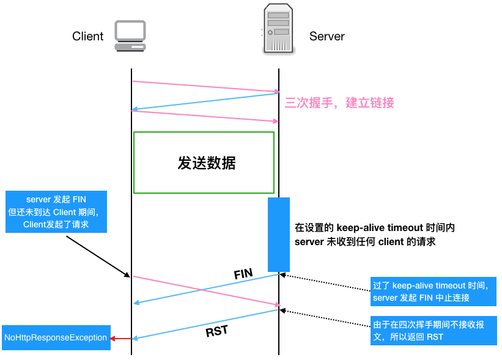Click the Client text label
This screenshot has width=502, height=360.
point(87,36)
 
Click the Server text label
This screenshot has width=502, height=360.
point(327,36)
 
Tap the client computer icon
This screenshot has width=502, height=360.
point(130,36)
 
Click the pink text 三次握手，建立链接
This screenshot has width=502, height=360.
point(339,103)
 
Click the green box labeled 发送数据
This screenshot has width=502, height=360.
point(204,163)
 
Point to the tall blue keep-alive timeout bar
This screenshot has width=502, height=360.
point(279,234)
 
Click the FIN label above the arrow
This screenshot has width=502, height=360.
point(243,274)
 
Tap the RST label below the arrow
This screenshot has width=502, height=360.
point(216,332)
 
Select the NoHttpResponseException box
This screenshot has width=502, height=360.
point(56,337)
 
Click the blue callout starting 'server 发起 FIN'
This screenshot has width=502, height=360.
point(56,211)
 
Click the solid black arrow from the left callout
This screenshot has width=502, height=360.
point(98,257)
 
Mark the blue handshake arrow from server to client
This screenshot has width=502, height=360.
point(205,101)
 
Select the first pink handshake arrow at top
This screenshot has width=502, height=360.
point(205,86)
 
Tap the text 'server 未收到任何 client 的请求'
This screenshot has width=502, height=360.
point(364,242)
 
